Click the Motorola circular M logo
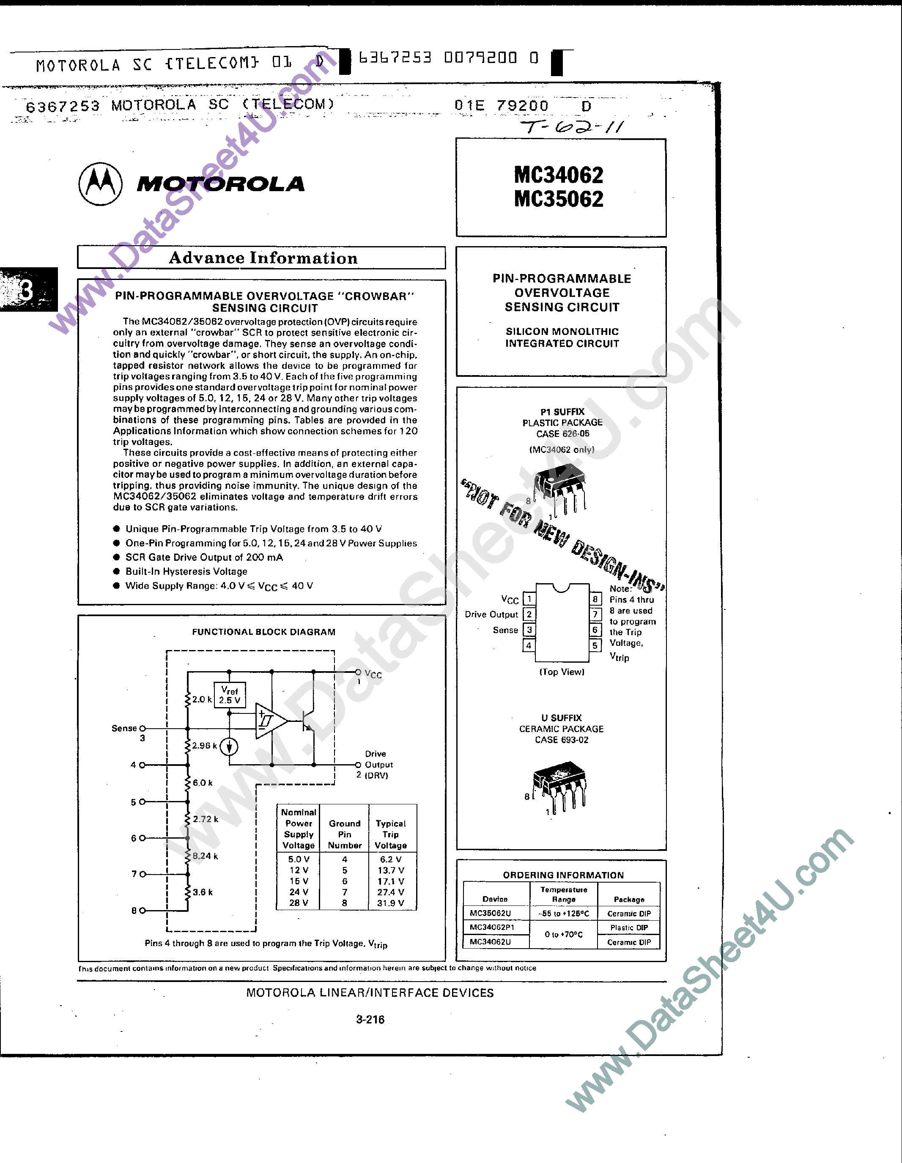100,184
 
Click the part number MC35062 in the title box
559,199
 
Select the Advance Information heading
263,258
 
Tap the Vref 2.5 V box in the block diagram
230,695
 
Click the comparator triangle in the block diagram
269,721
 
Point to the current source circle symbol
229,746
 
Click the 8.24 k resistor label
205,856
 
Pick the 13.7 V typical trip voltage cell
391,870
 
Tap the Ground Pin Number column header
345,834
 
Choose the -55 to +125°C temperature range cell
563,913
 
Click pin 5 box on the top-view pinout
595,645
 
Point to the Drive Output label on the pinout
491,614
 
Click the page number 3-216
370,1019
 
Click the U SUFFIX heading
561,718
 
